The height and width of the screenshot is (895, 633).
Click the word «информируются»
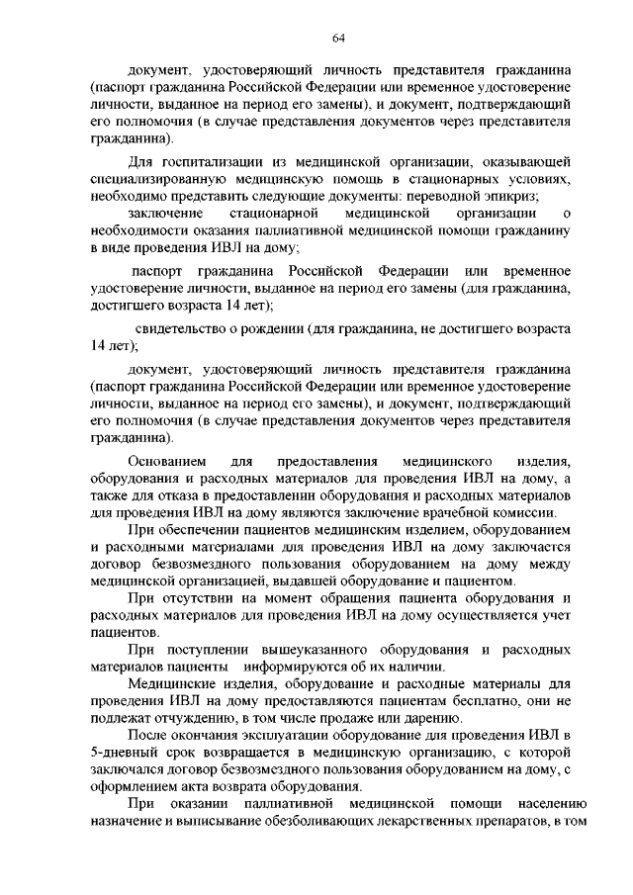301,667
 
